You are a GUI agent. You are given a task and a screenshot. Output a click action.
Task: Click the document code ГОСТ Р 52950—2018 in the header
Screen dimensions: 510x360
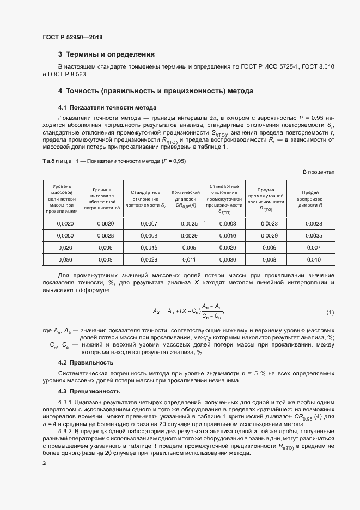72,37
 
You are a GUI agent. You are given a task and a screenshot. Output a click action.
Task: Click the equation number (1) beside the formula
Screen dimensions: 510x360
330,312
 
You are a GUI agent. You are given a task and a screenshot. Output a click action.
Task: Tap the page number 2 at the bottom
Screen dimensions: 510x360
44,463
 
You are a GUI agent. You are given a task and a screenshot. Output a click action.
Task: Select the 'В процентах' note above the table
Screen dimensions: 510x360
319,172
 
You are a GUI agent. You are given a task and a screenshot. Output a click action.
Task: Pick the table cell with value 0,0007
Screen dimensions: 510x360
148,224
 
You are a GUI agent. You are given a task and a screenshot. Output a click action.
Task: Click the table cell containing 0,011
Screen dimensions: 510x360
188,260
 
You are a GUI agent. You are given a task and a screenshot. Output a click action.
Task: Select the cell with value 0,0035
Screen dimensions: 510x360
313,236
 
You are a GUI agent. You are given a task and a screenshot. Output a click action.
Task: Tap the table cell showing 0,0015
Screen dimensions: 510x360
148,248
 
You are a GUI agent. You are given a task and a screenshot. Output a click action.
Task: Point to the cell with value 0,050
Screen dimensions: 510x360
65,260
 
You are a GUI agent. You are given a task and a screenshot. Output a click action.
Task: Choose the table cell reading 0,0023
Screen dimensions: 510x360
269,224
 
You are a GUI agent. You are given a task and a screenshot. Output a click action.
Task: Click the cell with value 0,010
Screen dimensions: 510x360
313,260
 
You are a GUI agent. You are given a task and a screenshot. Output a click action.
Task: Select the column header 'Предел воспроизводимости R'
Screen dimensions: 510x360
313,198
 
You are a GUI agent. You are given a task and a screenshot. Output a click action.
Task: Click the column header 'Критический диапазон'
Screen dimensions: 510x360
188,198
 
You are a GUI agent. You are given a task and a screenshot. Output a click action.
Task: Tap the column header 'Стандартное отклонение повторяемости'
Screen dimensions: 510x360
148,198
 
